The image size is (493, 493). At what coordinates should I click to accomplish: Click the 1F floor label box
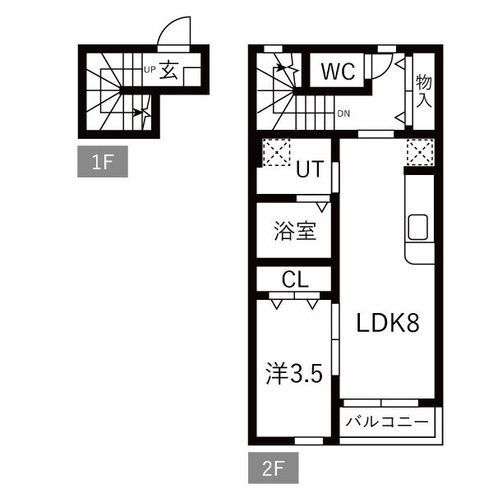103,161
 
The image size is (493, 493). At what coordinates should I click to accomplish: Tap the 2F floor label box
274,468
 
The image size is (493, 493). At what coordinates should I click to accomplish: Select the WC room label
339,71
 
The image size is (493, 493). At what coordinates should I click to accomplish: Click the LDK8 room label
388,323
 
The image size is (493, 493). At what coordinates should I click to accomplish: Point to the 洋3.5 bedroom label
294,374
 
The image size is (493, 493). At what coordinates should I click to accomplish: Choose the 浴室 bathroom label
295,231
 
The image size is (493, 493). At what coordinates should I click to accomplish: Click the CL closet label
295,279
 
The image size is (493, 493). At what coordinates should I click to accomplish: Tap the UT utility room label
310,168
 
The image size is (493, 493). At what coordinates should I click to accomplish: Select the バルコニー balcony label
387,422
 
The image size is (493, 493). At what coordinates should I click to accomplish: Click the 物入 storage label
423,91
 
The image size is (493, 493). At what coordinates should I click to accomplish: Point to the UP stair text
150,70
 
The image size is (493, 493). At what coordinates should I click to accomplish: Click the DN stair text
343,113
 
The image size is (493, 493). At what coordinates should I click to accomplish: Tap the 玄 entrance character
168,70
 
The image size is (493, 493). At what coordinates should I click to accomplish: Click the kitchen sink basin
418,227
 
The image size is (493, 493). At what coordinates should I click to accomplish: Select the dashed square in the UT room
276,152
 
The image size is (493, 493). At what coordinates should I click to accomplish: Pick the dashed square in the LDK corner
421,152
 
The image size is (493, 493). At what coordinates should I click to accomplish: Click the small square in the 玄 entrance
191,76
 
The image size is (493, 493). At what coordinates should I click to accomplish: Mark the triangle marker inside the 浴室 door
322,207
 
